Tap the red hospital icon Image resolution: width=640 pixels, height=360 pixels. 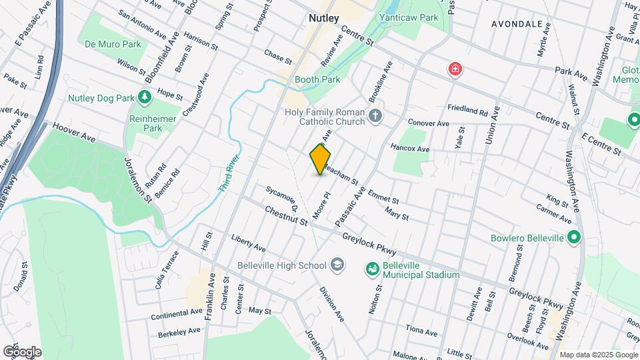point(455,69)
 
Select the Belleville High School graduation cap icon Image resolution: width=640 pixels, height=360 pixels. point(337,265)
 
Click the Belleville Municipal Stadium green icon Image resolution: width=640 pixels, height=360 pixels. point(372,269)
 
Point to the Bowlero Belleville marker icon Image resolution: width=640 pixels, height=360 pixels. point(573,238)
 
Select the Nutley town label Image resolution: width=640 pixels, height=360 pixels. point(324,18)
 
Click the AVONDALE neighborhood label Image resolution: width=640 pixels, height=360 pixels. point(517,23)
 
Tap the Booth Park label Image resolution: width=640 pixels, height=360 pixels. point(317,79)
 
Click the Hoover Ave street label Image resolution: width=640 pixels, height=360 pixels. point(75,131)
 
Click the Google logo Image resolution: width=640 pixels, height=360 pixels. point(22,351)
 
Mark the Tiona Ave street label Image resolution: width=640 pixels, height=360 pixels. point(421,331)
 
